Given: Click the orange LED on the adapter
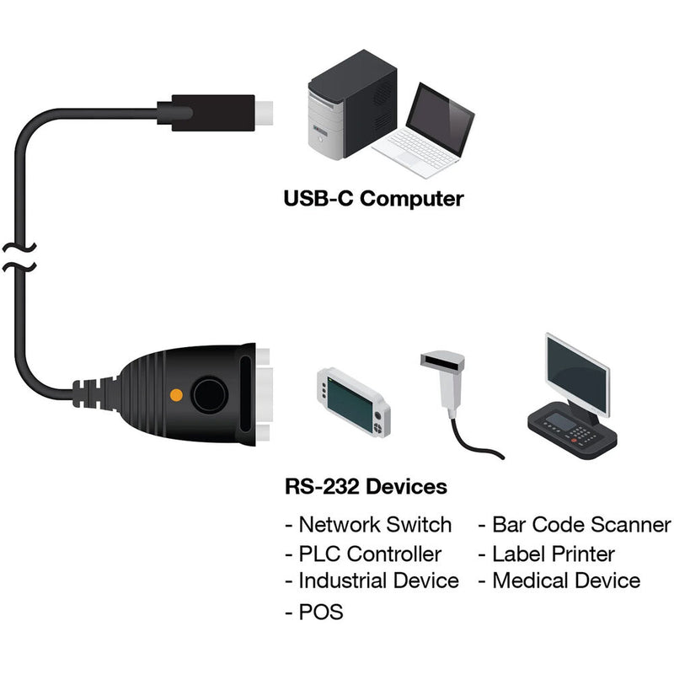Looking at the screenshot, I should (176, 393).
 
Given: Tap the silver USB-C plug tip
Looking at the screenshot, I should (265, 111).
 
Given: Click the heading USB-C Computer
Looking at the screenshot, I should (373, 199).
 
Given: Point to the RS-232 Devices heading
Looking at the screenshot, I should (366, 486).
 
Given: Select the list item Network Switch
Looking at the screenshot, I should (375, 525).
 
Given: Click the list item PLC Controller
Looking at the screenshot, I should (370, 554).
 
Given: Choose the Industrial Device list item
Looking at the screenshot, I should (378, 580).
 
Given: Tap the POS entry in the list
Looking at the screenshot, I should (321, 612).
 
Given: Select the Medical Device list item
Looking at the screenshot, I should (565, 580).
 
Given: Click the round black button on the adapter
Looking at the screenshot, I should (207, 393).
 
